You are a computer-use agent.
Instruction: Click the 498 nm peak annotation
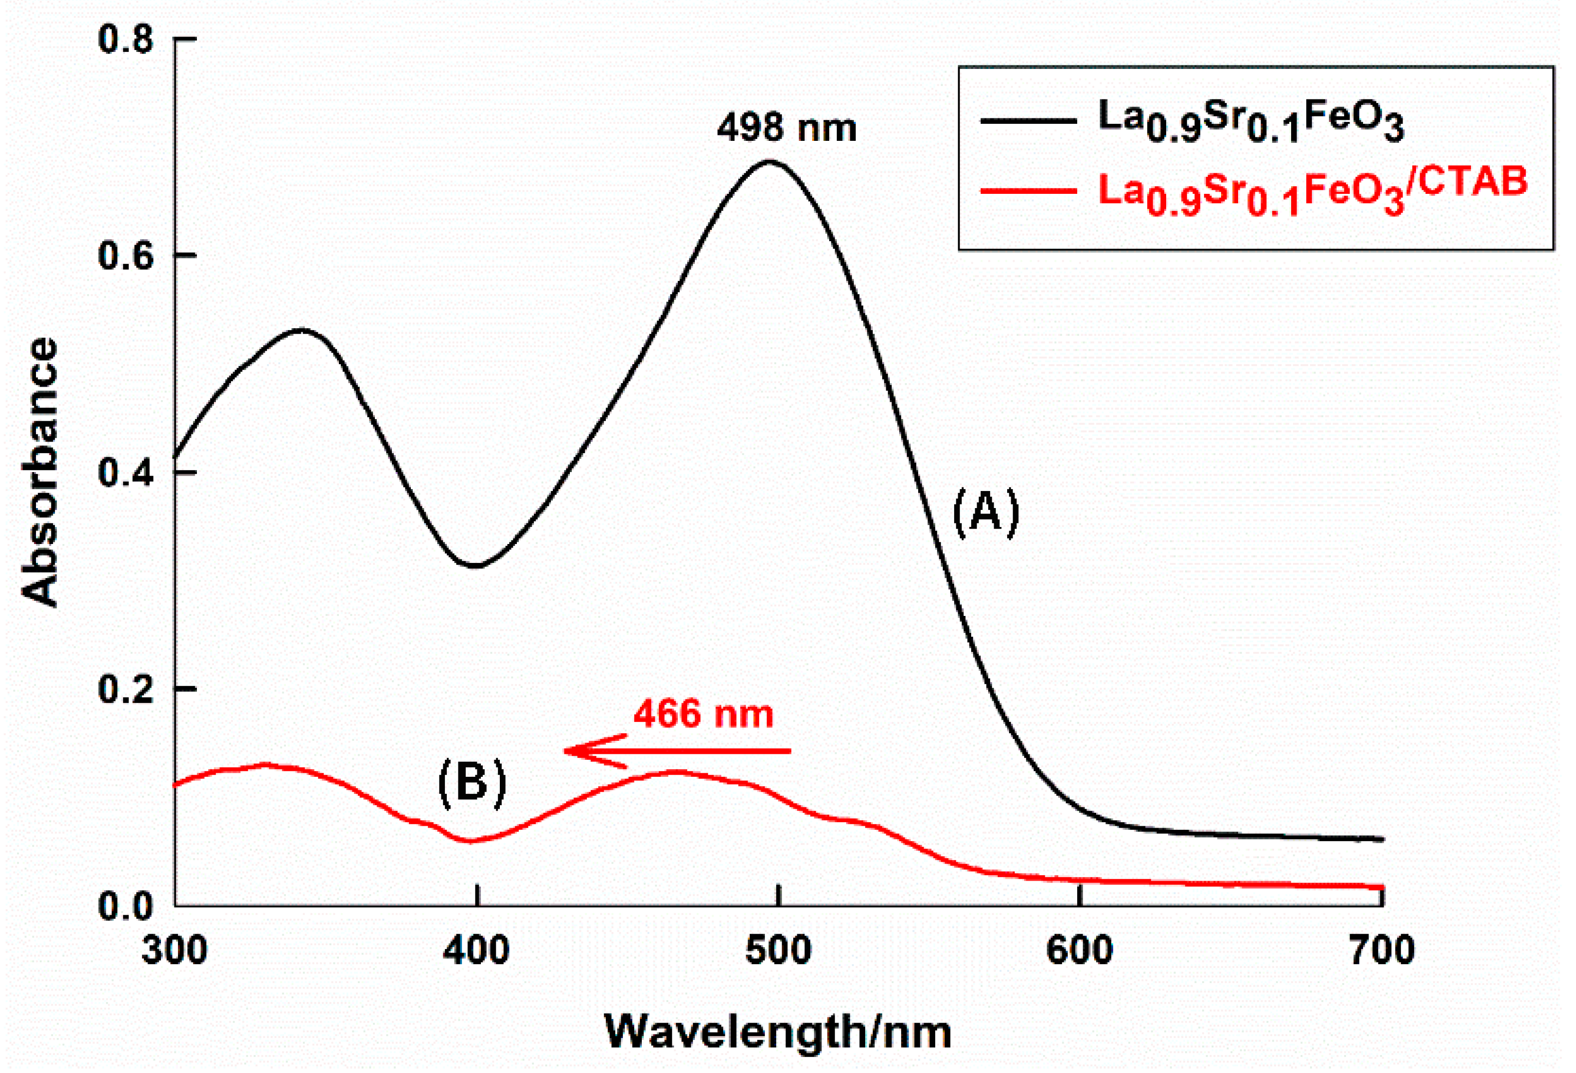(787, 127)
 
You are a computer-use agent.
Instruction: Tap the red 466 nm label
(703, 714)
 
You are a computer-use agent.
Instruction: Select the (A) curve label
(985, 513)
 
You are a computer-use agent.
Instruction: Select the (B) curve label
(472, 782)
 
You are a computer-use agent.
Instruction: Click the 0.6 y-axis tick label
(126, 256)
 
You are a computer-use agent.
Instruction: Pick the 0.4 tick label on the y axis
(126, 473)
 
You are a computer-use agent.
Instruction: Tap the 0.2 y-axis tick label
(126, 689)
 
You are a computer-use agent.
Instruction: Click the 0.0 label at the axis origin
(126, 906)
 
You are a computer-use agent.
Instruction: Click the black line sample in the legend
(1028, 121)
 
